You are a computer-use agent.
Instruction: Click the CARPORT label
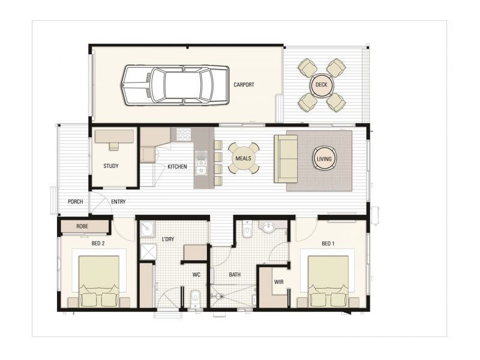[244, 85]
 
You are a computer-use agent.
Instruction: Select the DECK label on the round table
[321, 85]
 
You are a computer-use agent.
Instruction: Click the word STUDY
[110, 166]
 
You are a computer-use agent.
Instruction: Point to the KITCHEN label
[177, 166]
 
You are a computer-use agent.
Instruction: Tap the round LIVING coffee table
[323, 158]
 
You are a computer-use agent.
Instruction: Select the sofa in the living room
[286, 158]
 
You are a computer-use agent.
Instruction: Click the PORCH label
[75, 202]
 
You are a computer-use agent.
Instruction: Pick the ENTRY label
[119, 202]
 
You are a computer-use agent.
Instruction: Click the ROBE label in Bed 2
[83, 226]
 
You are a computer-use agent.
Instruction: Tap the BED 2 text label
[98, 243]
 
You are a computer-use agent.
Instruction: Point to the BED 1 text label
[328, 243]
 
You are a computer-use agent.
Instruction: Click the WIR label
[278, 281]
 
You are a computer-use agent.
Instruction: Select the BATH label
[235, 275]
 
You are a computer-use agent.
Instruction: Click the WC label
[196, 275]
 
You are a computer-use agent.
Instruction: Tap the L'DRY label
[167, 239]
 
